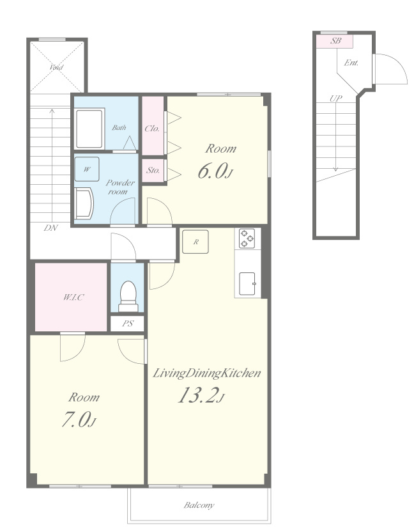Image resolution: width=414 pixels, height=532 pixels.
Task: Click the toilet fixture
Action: point(128,296)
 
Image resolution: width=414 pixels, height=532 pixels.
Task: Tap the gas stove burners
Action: point(247,239)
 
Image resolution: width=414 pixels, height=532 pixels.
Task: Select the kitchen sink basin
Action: point(247,284)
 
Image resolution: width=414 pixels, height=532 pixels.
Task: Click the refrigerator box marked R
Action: point(195,242)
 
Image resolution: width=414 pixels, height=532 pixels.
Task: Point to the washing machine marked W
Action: point(87,169)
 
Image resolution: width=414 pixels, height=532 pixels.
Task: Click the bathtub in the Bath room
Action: point(89,129)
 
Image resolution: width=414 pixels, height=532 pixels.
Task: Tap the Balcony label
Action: point(199,505)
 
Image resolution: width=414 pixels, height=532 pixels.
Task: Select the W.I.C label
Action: point(73,297)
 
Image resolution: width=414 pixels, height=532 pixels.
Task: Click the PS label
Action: point(128,324)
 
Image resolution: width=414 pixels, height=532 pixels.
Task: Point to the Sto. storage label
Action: point(153,170)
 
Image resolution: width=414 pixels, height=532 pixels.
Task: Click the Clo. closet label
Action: point(152,129)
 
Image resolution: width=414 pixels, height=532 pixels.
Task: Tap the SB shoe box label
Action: point(335,41)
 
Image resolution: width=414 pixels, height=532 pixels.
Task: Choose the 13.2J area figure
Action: point(201,395)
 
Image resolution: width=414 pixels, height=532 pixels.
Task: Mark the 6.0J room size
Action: point(215,171)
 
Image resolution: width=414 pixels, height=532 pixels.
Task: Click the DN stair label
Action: point(50,228)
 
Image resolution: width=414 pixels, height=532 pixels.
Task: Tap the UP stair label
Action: point(335,98)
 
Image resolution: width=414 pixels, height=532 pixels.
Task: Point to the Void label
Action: point(56,67)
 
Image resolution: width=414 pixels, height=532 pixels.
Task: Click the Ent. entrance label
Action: point(351,63)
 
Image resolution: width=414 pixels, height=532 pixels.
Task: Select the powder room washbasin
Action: point(84,204)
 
